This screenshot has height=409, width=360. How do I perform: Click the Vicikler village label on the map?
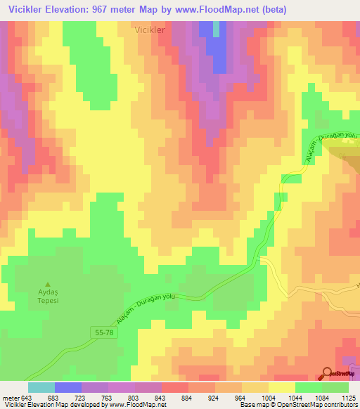point(149,31)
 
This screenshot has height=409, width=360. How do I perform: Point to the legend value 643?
point(27,397)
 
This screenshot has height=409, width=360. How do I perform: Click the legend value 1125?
point(349,397)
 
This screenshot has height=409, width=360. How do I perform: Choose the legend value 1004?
point(269,397)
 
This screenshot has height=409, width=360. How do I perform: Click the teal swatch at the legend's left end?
point(41,387)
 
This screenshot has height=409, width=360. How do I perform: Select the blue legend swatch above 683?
point(68,387)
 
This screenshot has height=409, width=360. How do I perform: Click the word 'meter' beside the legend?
point(11,397)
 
